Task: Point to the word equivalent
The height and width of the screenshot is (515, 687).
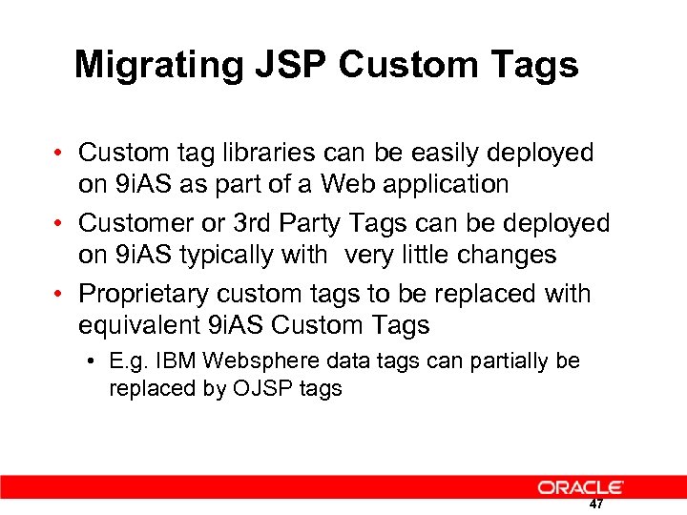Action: (139, 324)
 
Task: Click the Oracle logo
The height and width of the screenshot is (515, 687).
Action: (580, 487)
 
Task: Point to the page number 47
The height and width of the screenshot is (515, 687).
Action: (596, 504)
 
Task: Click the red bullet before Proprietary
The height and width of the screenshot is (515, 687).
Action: (59, 294)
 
